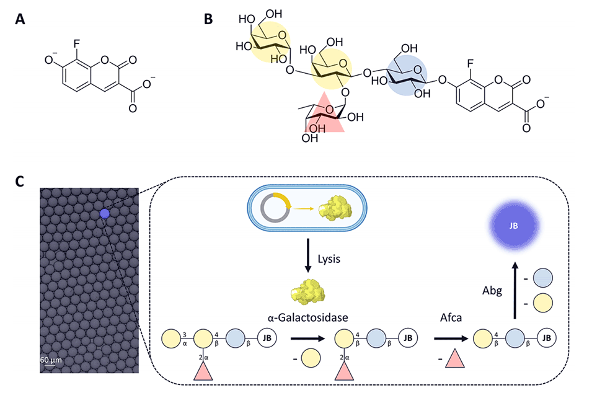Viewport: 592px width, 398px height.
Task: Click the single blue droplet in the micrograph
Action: point(104,214)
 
